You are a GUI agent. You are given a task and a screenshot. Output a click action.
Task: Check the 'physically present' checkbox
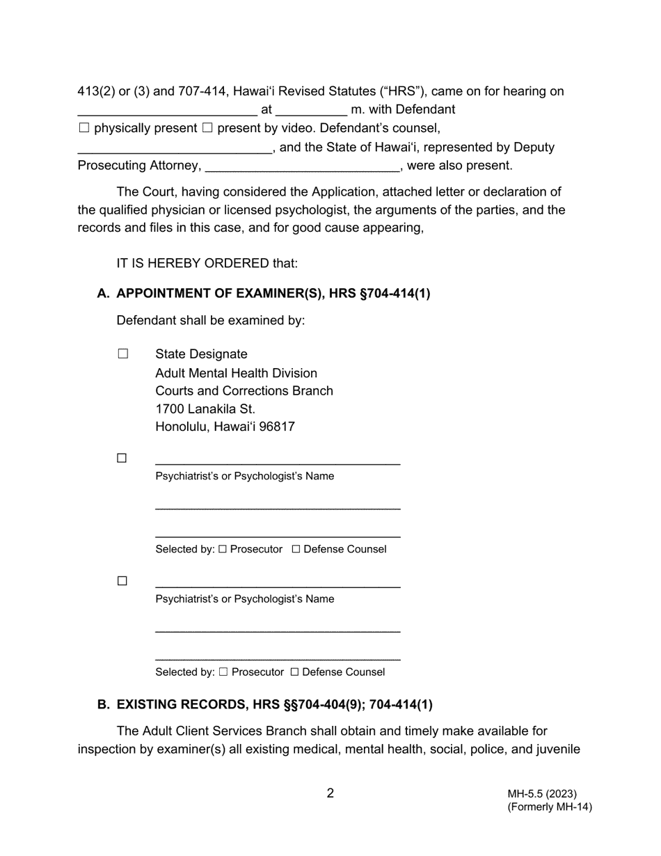tap(84, 128)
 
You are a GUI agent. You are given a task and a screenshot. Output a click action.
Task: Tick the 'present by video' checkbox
tap(207, 128)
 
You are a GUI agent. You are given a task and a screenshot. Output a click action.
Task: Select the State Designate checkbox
tap(123, 354)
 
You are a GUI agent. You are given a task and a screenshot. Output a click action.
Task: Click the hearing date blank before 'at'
tap(167, 111)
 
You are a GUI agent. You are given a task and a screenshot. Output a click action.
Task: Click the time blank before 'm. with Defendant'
tap(311, 111)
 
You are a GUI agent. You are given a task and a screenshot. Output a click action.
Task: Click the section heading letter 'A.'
tap(104, 294)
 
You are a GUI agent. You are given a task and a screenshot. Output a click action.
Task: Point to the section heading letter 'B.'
tap(104, 704)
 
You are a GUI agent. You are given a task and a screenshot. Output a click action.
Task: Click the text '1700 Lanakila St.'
tap(205, 409)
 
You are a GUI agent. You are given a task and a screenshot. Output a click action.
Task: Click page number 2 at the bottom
tap(330, 793)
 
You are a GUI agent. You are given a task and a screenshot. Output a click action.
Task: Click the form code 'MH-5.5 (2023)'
tap(542, 794)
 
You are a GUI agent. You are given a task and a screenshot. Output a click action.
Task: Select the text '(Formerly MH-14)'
tap(550, 807)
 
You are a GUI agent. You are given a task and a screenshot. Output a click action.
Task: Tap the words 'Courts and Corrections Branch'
tap(244, 390)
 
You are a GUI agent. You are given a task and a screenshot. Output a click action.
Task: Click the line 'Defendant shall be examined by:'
tap(211, 320)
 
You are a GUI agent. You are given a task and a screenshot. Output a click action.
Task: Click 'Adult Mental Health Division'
tap(236, 373)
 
